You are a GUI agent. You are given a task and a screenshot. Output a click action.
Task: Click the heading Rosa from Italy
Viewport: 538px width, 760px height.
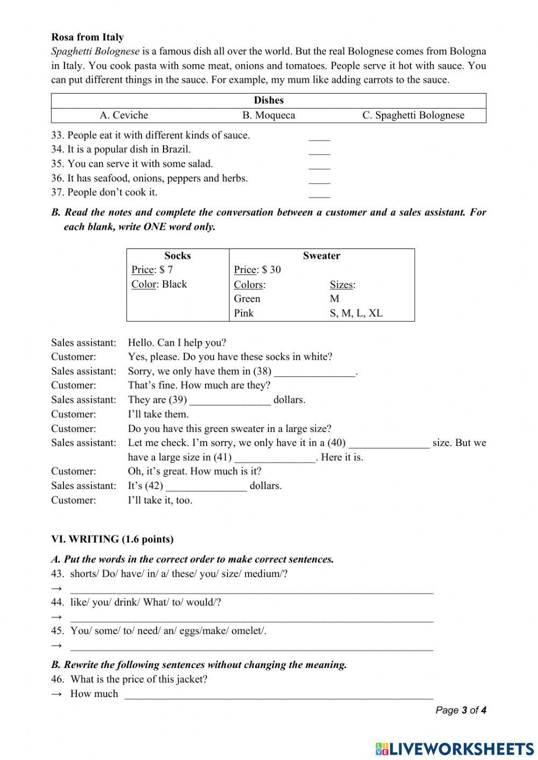pos(87,37)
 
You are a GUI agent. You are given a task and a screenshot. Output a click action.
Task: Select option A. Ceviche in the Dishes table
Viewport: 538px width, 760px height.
pos(124,115)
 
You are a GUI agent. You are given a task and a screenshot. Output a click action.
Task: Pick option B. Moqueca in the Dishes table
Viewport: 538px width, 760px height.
pos(268,115)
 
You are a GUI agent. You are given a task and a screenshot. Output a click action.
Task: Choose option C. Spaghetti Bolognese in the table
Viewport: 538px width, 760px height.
pos(413,115)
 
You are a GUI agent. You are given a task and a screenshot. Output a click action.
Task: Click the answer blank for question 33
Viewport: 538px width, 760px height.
pos(319,137)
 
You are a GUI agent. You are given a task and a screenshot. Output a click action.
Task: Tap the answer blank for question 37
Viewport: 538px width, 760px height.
pos(319,194)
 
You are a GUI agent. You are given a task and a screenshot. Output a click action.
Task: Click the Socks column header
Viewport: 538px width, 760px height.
pos(178,256)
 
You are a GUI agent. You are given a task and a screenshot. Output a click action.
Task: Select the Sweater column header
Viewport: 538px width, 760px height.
pos(321,256)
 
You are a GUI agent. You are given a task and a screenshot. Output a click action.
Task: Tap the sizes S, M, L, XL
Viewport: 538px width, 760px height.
pos(356,313)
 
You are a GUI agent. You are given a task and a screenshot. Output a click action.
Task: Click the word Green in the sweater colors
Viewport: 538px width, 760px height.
pos(247,299)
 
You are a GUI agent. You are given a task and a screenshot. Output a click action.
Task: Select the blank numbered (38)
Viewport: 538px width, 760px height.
pos(315,372)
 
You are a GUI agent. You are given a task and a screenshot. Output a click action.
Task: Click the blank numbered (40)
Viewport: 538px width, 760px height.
pos(389,444)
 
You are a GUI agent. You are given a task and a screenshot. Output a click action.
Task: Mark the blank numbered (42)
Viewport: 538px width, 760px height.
pos(206,487)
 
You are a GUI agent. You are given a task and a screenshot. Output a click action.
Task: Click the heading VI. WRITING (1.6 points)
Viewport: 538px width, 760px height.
pos(112,539)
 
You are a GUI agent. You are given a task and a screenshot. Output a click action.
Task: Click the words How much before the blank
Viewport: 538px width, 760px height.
pos(94,694)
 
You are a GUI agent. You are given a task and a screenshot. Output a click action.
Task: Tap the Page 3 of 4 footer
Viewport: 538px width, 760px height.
pos(461,710)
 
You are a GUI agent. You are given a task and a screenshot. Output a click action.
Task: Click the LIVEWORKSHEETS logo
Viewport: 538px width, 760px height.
pos(455,749)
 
